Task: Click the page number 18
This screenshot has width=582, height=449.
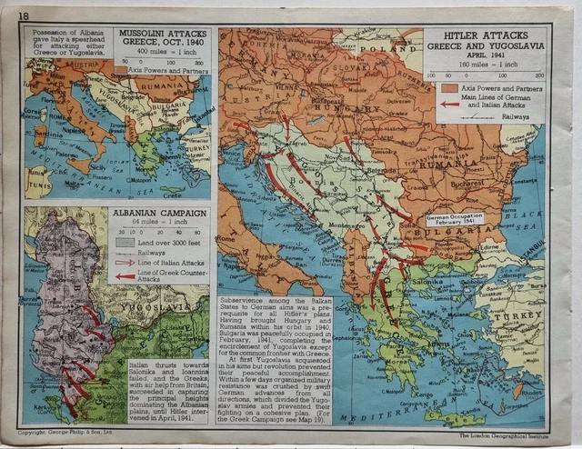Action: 24,15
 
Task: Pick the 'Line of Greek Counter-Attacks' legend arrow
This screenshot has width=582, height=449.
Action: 125,276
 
